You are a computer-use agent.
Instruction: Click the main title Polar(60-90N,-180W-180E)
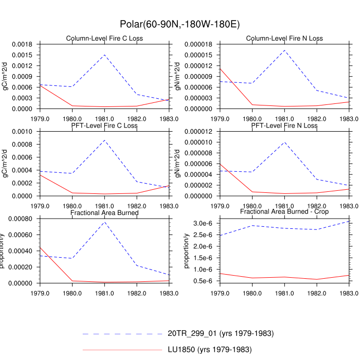(179, 24)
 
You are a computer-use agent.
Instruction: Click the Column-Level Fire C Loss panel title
(104, 39)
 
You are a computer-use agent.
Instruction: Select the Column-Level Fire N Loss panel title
(284, 39)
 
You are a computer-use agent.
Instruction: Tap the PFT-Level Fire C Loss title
(104, 125)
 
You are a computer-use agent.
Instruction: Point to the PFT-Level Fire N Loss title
(284, 125)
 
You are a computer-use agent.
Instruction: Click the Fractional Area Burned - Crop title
(284, 212)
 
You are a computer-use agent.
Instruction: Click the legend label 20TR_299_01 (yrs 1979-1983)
(221, 334)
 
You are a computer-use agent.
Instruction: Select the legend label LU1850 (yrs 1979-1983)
(209, 350)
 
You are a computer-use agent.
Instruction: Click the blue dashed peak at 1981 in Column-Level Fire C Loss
(104, 55)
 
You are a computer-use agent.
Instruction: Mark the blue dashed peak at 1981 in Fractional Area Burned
(104, 222)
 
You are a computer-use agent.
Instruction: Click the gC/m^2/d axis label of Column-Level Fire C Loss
(6, 76)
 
